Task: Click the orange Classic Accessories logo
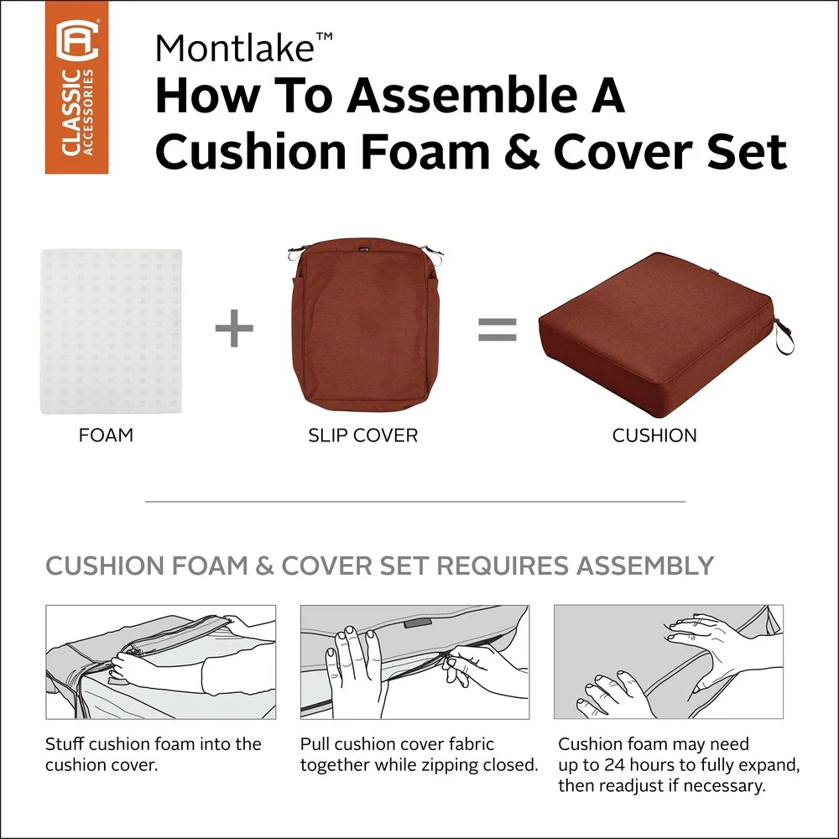tap(76, 87)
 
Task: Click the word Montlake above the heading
tap(234, 48)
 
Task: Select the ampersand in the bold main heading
tap(521, 152)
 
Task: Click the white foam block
tap(112, 331)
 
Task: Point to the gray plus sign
tap(234, 328)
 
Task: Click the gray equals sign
tap(497, 330)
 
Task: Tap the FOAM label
tap(106, 435)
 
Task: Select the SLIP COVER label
tap(362, 435)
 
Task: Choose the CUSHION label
tap(654, 435)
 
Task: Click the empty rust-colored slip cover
tap(366, 325)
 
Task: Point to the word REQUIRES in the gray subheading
tap(502, 565)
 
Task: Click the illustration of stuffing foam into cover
tap(160, 662)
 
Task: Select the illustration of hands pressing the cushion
tap(669, 662)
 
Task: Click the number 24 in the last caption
tap(615, 765)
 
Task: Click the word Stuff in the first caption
tap(65, 743)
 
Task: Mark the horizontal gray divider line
tap(415, 502)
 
